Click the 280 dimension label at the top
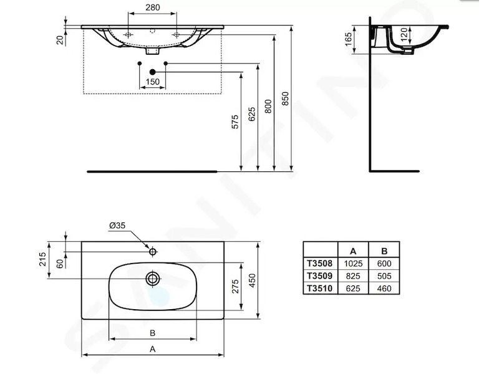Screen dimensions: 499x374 [152, 7]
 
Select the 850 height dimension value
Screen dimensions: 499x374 [285, 98]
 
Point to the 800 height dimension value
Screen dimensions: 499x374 [268, 107]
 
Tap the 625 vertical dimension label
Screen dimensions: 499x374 [251, 114]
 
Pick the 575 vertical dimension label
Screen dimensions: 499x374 [235, 122]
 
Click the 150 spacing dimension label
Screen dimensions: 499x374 [152, 82]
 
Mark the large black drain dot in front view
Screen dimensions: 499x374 [152, 72]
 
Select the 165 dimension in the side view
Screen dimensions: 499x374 [349, 39]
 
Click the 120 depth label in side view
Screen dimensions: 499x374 [404, 34]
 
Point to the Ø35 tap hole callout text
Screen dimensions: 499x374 [117, 226]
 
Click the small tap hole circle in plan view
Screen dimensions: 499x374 [153, 252]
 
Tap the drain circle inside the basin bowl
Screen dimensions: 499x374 [153, 279]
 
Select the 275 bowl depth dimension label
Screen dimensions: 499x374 [235, 286]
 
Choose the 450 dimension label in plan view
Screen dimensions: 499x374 [252, 280]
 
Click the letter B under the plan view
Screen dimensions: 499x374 [152, 333]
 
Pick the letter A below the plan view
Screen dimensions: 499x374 [152, 349]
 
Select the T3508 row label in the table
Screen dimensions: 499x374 [319, 263]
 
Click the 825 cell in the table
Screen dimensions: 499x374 [353, 276]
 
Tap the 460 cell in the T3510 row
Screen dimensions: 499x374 [384, 289]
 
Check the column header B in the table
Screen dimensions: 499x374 [384, 251]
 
